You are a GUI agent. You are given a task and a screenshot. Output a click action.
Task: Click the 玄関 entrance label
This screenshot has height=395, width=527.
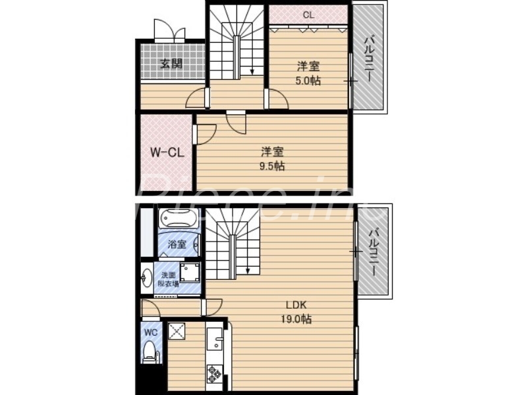pos(171,65)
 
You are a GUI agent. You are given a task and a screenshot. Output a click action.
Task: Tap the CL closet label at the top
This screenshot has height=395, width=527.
pos(308,14)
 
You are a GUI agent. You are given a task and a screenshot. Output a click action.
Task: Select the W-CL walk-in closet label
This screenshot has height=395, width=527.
pos(165,153)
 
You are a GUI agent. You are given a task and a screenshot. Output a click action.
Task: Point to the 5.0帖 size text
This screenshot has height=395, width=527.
pos(308,80)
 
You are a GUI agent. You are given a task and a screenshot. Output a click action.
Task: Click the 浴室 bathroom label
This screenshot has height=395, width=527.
pos(176,244)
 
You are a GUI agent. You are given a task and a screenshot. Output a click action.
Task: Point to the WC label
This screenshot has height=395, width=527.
pos(150,332)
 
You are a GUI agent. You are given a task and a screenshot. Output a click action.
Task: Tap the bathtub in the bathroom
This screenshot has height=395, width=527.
pos(177,219)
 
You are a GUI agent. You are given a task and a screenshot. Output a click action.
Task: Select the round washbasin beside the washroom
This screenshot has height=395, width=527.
pos(146,279)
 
